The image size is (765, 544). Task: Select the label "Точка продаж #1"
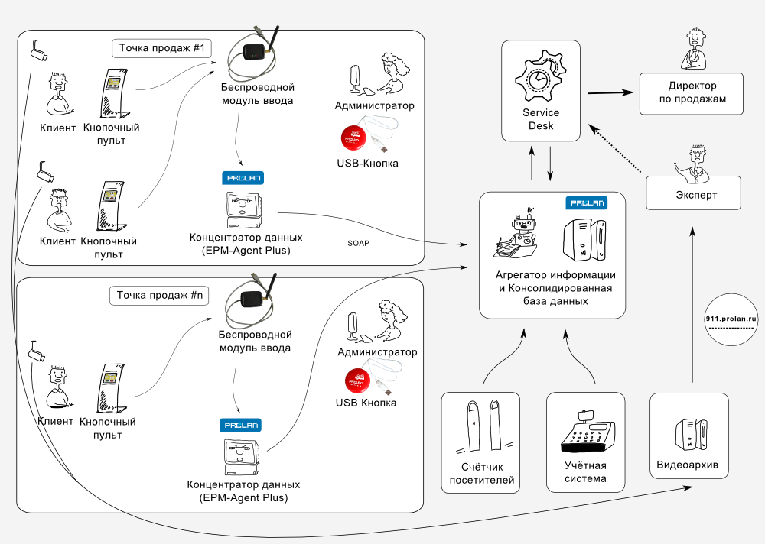point(161,48)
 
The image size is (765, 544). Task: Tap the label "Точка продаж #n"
point(160,295)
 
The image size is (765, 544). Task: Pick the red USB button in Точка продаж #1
point(355,137)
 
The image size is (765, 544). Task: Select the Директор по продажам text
point(692,93)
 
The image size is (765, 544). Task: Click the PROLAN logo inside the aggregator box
point(587,203)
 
